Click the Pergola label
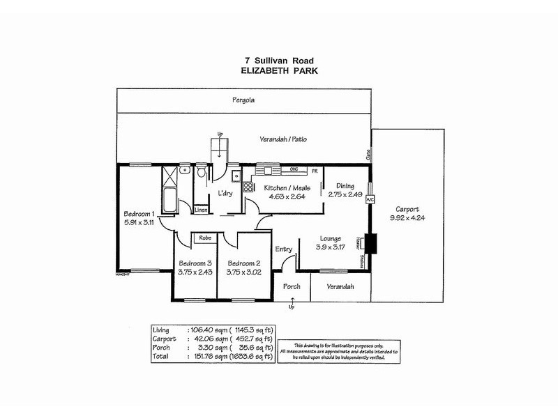coord(245,100)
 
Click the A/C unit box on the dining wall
coord(370,199)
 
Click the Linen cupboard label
coord(201,209)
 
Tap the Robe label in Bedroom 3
coord(205,238)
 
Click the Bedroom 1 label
coord(139,213)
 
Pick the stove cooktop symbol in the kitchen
coord(248,187)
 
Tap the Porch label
coord(291,286)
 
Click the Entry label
coord(284,249)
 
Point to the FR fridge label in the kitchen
coord(315,171)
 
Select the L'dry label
coord(225,193)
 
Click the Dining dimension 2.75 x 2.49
coord(345,195)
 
